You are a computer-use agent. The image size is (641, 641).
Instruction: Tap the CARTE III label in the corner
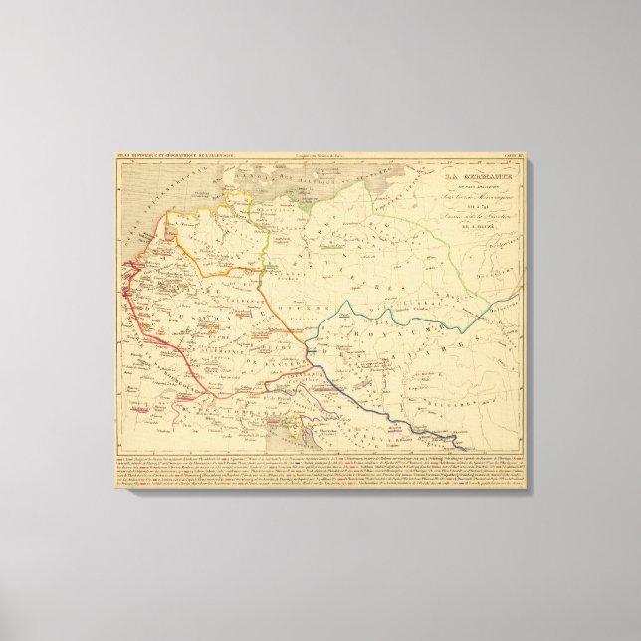(512, 155)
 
